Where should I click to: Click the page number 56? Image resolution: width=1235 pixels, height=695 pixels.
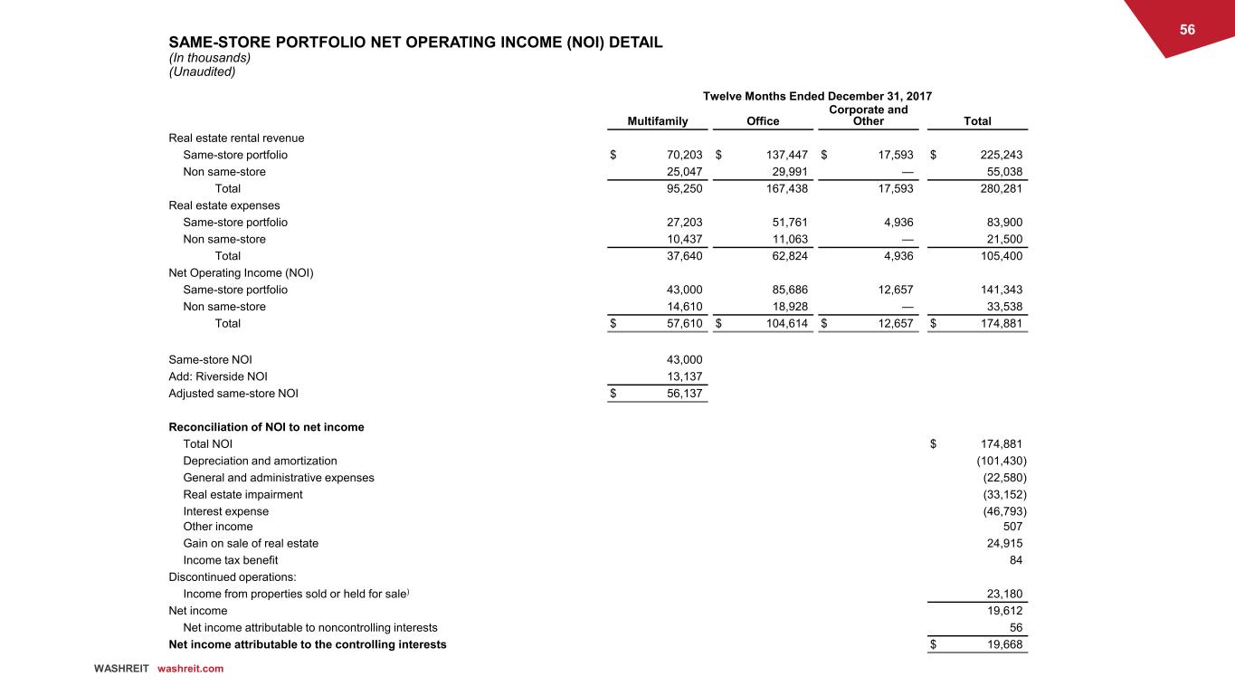click(x=1187, y=30)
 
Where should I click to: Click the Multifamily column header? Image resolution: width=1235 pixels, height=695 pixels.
click(x=658, y=121)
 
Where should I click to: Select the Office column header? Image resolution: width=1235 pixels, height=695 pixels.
click(x=763, y=121)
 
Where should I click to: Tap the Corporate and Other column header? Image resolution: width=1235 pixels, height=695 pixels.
click(x=869, y=116)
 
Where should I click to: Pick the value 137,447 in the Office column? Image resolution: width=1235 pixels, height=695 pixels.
click(x=784, y=155)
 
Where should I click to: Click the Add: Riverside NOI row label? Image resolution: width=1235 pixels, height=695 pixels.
click(x=218, y=376)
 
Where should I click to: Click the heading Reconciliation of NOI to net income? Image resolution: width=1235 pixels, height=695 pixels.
click(x=266, y=427)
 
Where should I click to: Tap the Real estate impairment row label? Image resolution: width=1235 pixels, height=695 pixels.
click(x=242, y=494)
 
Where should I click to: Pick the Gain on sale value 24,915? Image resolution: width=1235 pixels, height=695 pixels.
click(x=1002, y=544)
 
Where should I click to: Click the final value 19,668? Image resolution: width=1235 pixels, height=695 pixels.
click(x=1002, y=644)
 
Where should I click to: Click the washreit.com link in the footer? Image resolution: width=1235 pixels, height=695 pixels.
click(x=190, y=669)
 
